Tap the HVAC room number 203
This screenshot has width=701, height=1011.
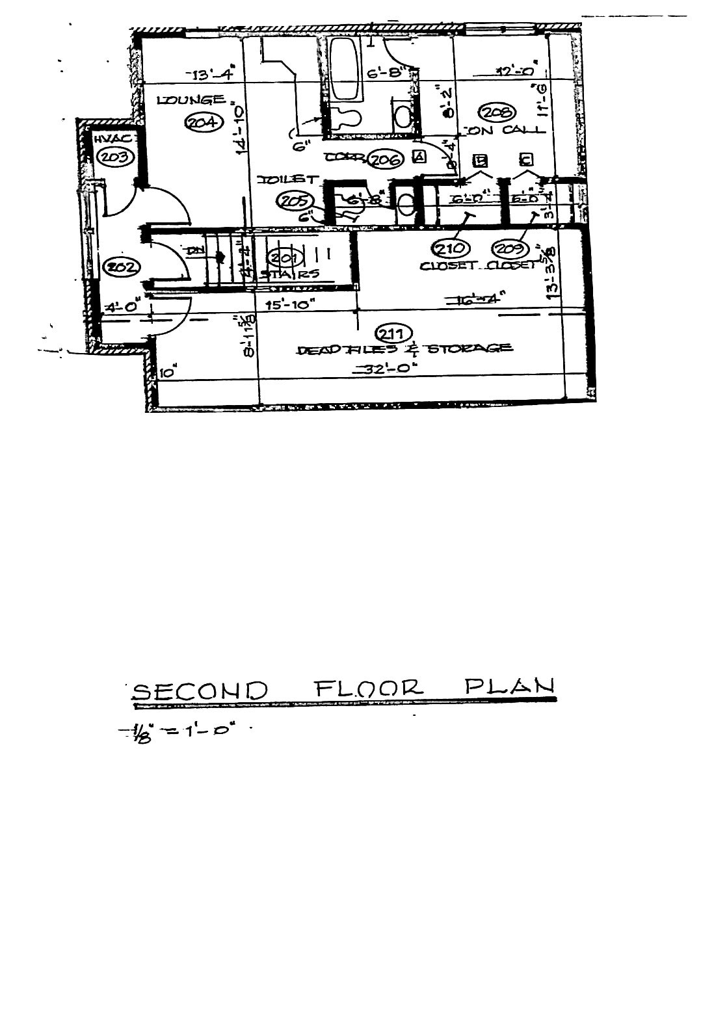(114, 156)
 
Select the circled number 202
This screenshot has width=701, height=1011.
(119, 267)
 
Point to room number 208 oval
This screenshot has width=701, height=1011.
(500, 112)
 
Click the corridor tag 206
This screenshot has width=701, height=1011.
(386, 158)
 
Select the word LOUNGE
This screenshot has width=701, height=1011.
(190, 100)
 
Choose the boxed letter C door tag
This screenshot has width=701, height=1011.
(525, 159)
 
